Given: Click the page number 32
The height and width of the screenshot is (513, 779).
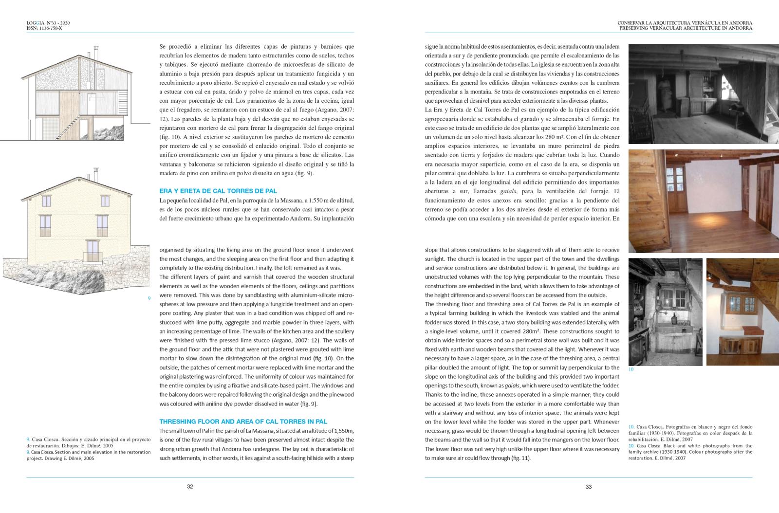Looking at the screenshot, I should pyautogui.click(x=190, y=486).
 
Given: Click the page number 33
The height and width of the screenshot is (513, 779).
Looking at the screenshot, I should pyautogui.click(x=588, y=486).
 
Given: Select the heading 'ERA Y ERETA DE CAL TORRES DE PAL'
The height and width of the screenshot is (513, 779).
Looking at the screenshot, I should pyautogui.click(x=218, y=191).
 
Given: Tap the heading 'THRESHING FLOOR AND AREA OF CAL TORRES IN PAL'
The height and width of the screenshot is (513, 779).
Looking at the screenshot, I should pyautogui.click(x=243, y=421).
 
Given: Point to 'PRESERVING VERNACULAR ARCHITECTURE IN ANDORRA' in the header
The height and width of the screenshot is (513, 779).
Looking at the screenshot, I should pyautogui.click(x=686, y=28).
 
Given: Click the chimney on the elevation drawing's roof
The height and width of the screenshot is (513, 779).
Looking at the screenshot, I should pyautogui.click(x=96, y=173).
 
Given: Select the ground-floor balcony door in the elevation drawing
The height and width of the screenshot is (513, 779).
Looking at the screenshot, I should pyautogui.click(x=92, y=256).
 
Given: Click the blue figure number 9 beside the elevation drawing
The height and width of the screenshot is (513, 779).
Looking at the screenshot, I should pyautogui.click(x=149, y=298).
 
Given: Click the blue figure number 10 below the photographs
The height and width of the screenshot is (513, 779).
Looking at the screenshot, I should pyautogui.click(x=631, y=369).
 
